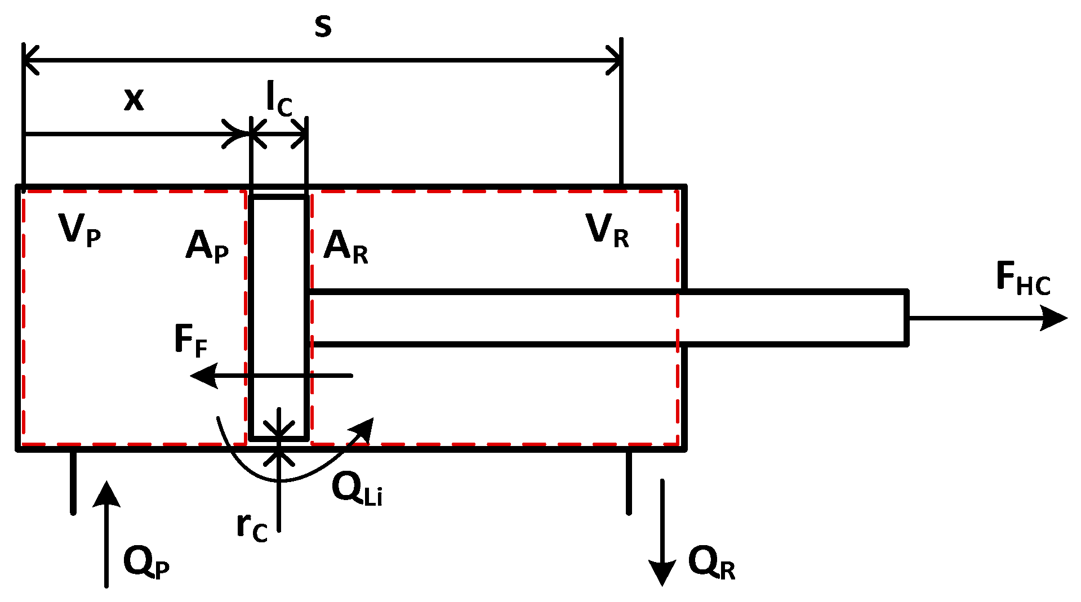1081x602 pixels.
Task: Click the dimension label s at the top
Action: tap(323, 26)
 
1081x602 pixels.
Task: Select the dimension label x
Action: tap(134, 100)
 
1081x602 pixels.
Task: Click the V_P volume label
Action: tap(79, 230)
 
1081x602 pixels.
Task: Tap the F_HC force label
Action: tap(1022, 279)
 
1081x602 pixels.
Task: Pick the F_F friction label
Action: tap(190, 341)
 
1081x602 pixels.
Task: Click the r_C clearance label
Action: tap(252, 527)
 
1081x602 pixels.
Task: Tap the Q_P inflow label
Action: tap(146, 563)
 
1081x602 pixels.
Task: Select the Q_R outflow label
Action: tap(711, 563)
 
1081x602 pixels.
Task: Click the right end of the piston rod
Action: tap(906, 318)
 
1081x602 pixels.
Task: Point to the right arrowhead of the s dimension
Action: tap(615, 60)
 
